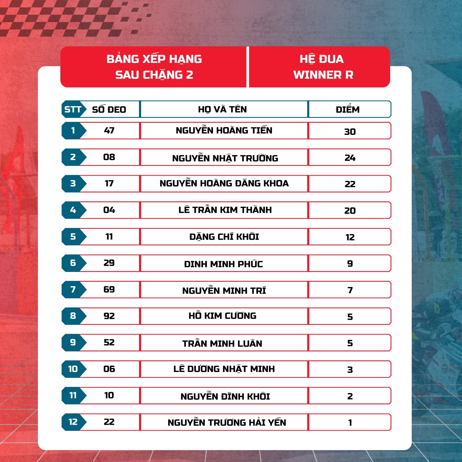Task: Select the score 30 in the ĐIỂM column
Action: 350,131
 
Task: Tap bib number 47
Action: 109,130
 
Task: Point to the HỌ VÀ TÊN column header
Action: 222,109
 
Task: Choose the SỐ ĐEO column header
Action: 109,109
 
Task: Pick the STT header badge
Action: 73,109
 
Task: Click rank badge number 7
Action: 73,289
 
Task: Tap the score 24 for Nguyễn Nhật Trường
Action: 350,158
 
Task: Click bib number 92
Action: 109,316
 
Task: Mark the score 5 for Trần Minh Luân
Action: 350,343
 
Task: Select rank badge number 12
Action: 73,422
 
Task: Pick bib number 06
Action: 109,369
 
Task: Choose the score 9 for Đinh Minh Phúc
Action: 350,264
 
